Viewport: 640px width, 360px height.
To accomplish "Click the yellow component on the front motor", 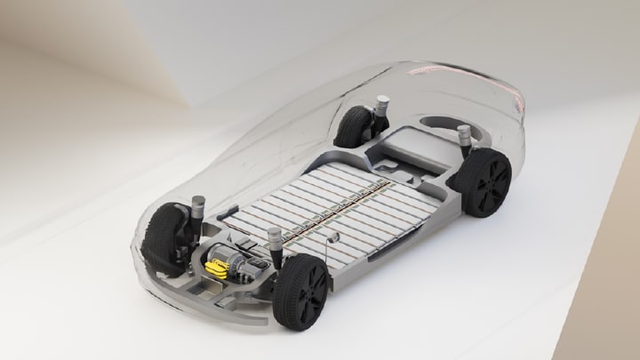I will (x=216, y=266).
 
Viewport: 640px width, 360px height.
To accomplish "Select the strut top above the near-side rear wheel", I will (x=464, y=137).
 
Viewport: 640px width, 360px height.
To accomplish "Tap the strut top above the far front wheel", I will (x=198, y=202).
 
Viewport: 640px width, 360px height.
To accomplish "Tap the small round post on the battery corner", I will (x=334, y=237).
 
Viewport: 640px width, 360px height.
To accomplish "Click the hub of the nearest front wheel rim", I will (x=311, y=293).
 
